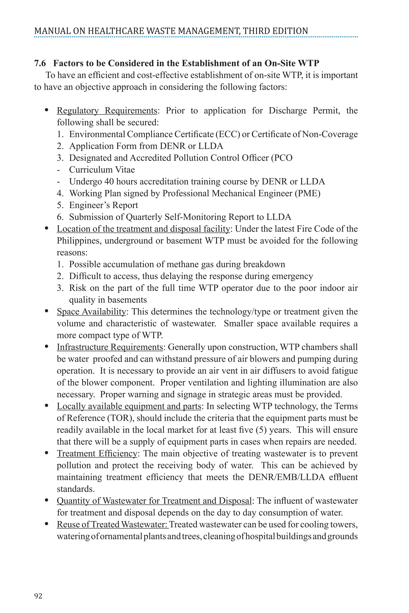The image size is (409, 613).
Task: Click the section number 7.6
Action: point(40,63)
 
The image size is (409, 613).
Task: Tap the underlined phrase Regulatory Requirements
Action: point(107,111)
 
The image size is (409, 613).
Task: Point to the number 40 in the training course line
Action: point(109,182)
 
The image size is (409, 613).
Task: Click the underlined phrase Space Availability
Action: point(91,312)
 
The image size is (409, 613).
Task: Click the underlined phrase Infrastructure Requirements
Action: point(110,347)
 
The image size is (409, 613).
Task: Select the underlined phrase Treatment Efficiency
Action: point(97,454)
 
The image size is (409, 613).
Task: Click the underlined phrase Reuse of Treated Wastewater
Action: point(112,524)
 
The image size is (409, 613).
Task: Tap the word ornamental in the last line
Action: point(121,536)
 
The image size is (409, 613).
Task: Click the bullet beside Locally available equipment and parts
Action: point(47,406)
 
